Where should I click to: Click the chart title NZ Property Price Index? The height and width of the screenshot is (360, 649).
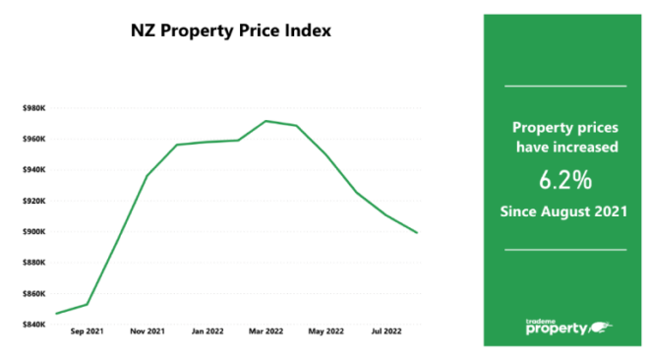[231, 30]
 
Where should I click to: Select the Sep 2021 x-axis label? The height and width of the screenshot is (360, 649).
[87, 333]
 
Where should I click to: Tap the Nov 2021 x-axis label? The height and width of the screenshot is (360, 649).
[147, 333]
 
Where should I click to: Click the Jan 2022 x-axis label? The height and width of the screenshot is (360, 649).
[207, 333]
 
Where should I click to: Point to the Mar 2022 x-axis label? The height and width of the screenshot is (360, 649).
[266, 333]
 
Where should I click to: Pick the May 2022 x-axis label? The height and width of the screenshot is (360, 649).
[327, 333]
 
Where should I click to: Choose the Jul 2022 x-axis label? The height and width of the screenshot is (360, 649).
[385, 333]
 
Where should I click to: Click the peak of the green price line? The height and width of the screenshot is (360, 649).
[265, 121]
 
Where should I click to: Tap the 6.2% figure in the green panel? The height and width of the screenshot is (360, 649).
[564, 181]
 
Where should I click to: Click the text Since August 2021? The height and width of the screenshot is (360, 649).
[564, 211]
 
